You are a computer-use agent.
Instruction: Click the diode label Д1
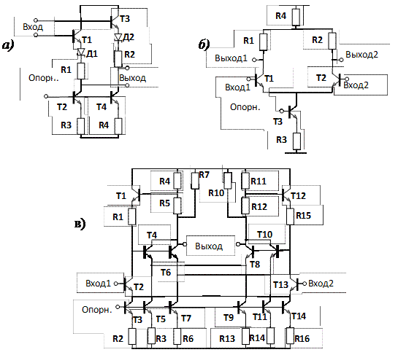click(92, 54)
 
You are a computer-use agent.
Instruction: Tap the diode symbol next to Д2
click(118, 37)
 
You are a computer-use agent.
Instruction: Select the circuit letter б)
click(204, 45)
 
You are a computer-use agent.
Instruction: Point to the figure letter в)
click(80, 224)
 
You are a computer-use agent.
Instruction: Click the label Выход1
click(231, 58)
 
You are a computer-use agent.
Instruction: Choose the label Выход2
click(361, 55)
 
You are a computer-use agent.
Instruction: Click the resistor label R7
click(204, 175)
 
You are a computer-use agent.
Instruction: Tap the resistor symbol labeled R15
click(290, 216)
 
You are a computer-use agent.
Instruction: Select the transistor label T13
click(280, 285)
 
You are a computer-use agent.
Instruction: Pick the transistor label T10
click(265, 235)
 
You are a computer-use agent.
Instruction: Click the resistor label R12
click(259, 207)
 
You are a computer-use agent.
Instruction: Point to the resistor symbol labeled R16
click(290, 335)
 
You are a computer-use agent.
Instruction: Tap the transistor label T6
click(166, 273)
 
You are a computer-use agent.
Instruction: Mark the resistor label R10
click(216, 193)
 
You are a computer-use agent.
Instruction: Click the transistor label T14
click(299, 316)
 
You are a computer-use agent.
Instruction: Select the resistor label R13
click(227, 339)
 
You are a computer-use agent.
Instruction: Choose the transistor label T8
click(255, 265)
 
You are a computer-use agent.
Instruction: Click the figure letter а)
click(8, 46)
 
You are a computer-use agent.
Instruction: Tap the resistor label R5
click(165, 203)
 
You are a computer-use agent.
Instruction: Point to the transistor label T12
click(298, 196)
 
